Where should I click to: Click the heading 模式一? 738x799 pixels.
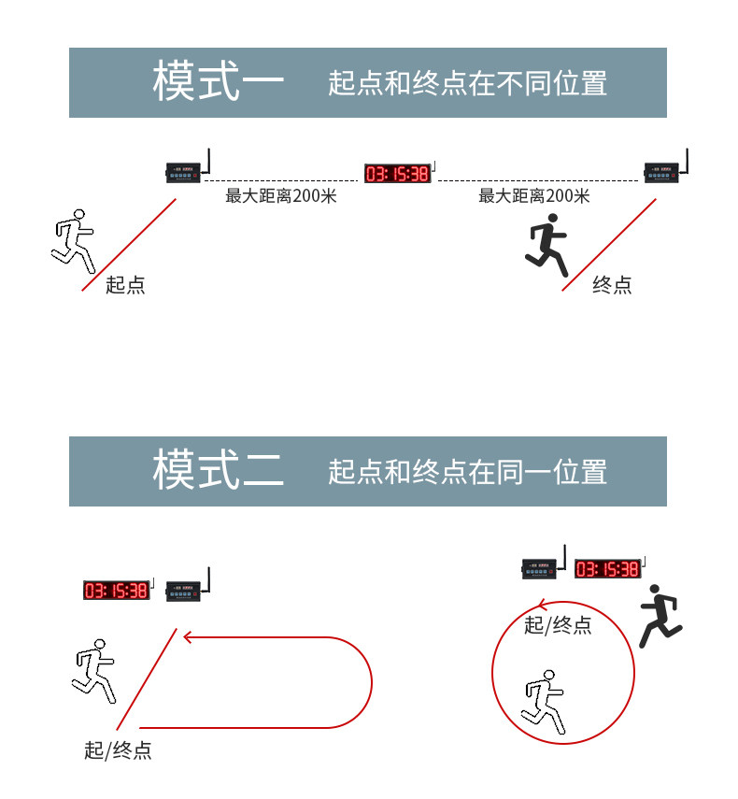(x=218, y=82)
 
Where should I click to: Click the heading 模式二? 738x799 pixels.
(x=218, y=470)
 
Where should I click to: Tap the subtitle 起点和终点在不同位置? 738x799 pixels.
(x=467, y=83)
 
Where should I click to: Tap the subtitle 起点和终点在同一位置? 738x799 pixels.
(x=467, y=471)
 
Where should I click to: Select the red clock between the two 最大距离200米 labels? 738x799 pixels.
(x=397, y=173)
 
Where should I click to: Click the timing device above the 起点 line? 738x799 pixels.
(x=186, y=172)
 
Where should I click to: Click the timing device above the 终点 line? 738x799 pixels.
(x=664, y=172)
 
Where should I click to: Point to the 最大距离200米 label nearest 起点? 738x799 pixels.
(x=281, y=196)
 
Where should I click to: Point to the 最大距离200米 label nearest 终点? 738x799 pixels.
(x=533, y=196)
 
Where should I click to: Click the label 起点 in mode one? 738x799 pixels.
(x=125, y=285)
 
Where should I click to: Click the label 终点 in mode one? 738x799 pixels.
(x=612, y=285)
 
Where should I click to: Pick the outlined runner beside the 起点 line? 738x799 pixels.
(x=73, y=237)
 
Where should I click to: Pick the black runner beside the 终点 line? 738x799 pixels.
(x=547, y=244)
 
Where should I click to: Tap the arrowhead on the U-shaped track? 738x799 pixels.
(x=188, y=637)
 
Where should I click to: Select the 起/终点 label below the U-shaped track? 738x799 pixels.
(x=118, y=749)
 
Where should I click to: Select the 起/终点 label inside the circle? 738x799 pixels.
(x=558, y=625)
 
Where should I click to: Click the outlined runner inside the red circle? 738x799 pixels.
(x=545, y=701)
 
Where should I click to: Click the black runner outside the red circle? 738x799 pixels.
(x=660, y=616)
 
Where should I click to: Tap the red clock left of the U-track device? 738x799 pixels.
(x=116, y=590)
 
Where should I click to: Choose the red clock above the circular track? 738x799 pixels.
(x=607, y=568)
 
